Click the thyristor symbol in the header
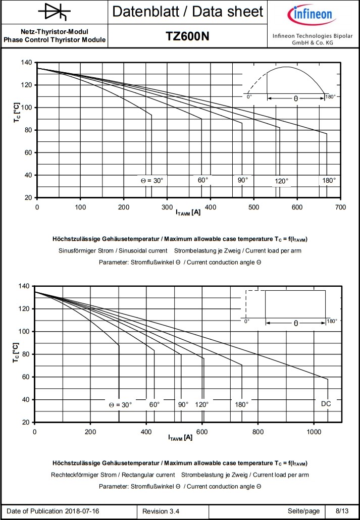coord(54,12)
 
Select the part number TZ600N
coord(187,36)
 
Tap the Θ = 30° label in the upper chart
coord(152,180)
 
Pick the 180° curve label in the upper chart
coord(329,180)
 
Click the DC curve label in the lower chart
coord(326,403)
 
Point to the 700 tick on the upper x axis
coord(341,207)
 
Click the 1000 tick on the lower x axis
coord(314,432)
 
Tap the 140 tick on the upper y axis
coord(27,63)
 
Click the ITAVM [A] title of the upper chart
coord(188,213)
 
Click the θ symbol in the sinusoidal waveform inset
coord(296,99)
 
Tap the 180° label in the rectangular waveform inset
coord(332,321)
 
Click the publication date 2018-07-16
coord(82,511)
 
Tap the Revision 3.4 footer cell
coord(161,511)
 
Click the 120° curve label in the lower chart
coord(201,404)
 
